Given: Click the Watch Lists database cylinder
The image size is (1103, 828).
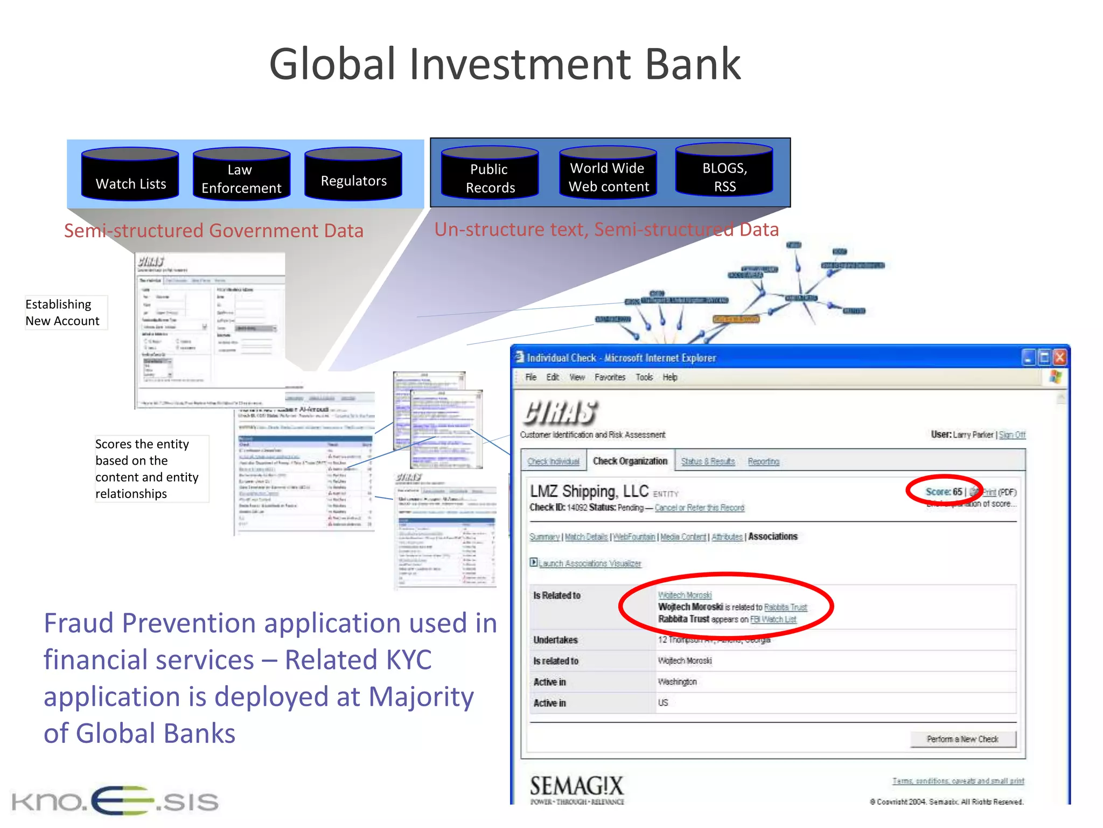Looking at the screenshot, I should click(130, 175).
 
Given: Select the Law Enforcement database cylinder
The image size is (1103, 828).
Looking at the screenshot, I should click(241, 175).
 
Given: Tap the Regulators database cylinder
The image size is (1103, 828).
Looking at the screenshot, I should click(353, 175).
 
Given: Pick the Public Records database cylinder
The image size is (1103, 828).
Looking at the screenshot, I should click(490, 174).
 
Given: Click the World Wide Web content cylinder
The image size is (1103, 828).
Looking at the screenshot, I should click(608, 173).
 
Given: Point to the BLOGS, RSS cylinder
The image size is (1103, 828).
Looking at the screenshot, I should click(724, 171).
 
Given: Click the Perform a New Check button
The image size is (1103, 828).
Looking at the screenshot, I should click(962, 739).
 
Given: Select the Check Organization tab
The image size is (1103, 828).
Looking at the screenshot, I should click(630, 461).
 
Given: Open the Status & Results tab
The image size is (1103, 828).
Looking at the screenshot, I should click(708, 461).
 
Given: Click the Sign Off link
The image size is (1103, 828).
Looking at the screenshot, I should click(1012, 435).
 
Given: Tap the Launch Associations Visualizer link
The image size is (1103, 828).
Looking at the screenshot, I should click(589, 563).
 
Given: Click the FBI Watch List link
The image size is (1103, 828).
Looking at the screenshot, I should click(773, 619).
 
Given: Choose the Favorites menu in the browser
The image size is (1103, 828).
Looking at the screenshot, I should click(610, 377).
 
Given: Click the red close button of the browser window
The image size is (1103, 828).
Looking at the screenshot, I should click(1059, 357).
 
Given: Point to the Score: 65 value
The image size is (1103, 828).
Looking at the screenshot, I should click(944, 492).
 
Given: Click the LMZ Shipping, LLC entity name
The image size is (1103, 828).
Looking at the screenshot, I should click(589, 492).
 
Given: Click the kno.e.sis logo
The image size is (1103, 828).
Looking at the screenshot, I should click(115, 801).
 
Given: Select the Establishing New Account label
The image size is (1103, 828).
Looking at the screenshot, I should click(62, 313).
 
